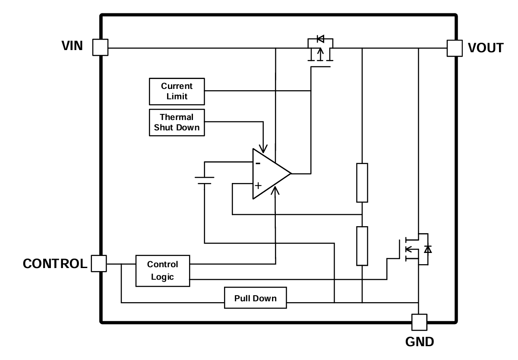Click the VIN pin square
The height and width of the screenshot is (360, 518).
100,47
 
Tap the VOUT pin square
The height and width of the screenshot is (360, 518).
454,48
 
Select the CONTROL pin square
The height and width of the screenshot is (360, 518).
99,263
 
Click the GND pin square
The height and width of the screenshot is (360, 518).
419,322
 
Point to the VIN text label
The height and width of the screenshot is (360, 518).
72,46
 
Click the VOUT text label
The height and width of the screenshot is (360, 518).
486,48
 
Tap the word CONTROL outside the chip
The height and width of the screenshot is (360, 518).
55,264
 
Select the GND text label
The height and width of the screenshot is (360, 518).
420,342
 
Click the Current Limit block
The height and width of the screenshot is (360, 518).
177,92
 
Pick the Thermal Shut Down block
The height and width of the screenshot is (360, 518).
177,122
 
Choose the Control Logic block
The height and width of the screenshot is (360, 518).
162,271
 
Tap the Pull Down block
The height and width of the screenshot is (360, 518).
256,298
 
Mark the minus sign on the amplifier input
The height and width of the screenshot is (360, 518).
258,163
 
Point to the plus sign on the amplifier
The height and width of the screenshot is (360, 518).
258,186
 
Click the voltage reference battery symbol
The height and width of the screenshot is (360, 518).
204,180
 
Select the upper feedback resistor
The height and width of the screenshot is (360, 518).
362,183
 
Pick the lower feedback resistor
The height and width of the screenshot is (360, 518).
362,246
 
